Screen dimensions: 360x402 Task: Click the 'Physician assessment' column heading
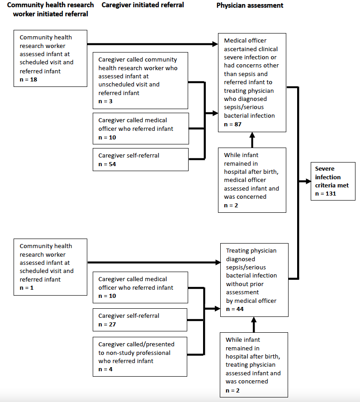(250, 5)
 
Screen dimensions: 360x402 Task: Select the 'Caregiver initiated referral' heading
(142, 5)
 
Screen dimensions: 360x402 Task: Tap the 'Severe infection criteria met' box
(333, 181)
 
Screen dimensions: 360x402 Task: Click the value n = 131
(326, 194)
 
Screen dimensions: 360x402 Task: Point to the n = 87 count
(232, 124)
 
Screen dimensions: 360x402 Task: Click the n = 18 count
(28, 80)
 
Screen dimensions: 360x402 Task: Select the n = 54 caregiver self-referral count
(107, 164)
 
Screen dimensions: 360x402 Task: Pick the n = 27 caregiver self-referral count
(107, 324)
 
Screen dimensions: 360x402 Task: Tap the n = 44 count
(235, 309)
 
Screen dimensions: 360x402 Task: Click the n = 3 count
(105, 101)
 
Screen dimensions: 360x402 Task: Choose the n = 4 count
(105, 369)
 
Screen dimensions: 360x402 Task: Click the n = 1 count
(26, 287)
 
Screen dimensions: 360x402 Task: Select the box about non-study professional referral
(140, 357)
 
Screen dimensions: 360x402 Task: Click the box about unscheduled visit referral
(140, 81)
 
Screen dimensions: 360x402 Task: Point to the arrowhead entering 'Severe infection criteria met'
(308, 181)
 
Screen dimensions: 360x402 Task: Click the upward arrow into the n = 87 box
(252, 140)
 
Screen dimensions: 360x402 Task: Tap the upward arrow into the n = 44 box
(254, 325)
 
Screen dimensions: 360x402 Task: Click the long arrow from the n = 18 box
(152, 44)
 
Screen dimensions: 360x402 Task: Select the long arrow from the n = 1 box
(154, 262)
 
